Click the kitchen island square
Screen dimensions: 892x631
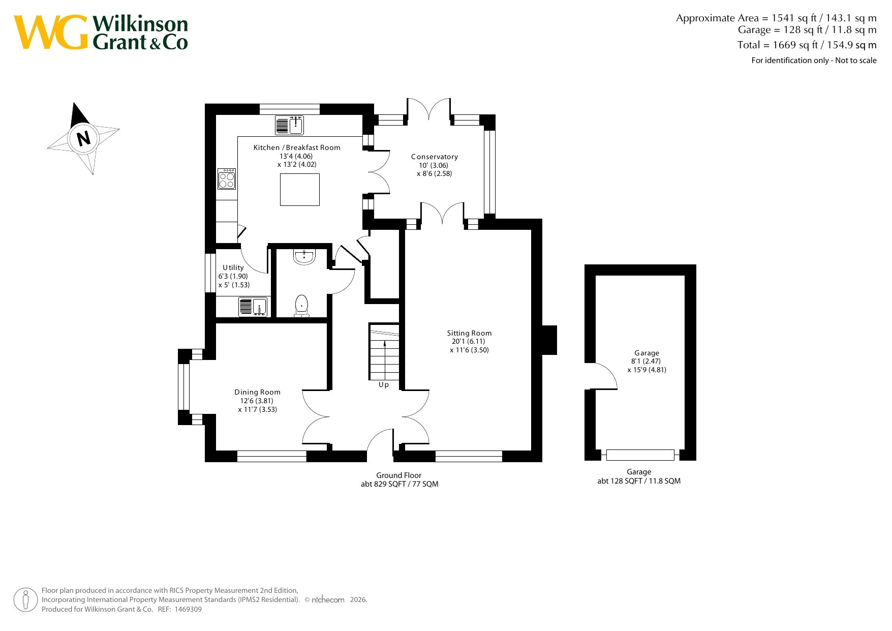300,190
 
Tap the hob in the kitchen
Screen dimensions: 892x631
227,178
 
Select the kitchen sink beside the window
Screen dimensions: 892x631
289,125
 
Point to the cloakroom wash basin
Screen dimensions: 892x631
304,257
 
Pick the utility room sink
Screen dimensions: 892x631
253,307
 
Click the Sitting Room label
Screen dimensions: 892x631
469,333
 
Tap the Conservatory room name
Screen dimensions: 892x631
435,157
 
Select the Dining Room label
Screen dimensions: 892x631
257,392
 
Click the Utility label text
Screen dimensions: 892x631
233,267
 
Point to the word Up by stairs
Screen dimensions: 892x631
384,385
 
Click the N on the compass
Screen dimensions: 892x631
83,138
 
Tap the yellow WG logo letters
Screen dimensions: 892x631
51,32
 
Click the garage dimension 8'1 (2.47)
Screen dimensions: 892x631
646,361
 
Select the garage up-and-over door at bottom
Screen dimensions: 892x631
640,455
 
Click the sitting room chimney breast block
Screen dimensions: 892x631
549,340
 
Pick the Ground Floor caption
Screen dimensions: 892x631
399,475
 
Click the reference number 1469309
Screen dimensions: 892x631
188,609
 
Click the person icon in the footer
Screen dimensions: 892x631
25,600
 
